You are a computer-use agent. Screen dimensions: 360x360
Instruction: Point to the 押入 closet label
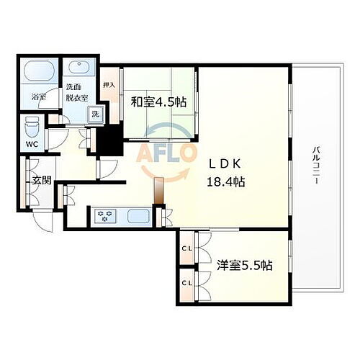109,85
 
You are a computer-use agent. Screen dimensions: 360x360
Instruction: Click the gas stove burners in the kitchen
107,215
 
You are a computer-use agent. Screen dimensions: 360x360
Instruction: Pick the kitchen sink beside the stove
136,215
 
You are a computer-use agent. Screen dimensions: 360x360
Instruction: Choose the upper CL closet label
186,249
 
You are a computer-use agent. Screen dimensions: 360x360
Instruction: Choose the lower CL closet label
186,283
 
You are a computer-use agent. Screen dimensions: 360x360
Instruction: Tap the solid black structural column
109,138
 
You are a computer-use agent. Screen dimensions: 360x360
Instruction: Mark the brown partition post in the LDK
158,192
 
